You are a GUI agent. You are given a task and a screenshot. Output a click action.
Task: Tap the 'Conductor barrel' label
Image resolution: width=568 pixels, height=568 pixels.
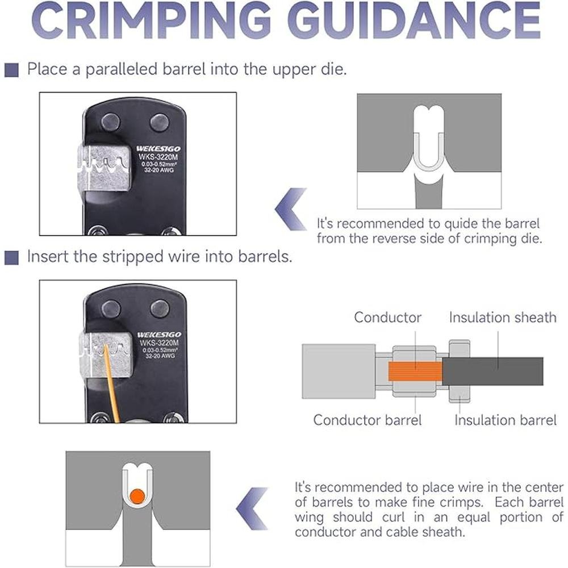click(367, 420)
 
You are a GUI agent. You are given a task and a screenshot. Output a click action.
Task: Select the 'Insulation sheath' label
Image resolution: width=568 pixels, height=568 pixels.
click(503, 318)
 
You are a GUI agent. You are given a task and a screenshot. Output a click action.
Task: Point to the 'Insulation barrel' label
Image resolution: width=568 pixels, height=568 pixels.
click(506, 420)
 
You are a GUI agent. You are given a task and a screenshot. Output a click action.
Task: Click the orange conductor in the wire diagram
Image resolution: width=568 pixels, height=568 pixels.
click(415, 371)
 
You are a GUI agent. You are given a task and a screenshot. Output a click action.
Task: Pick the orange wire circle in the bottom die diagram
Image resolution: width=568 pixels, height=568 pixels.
click(137, 496)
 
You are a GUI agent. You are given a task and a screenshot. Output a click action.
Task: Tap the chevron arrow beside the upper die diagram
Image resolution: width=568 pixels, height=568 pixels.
click(290, 209)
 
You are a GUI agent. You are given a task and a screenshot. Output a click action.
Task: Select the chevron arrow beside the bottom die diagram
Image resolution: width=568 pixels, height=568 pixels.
click(252, 508)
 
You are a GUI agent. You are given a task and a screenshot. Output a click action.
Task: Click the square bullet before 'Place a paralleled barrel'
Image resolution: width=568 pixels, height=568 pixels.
click(11, 70)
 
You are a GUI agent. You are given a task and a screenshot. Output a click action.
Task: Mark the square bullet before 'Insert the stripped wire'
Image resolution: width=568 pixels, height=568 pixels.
click(11, 257)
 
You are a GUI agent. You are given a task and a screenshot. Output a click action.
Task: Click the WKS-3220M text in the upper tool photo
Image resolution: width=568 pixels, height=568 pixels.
click(158, 157)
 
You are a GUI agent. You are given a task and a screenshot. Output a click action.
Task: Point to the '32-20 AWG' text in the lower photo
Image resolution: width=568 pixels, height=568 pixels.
click(160, 356)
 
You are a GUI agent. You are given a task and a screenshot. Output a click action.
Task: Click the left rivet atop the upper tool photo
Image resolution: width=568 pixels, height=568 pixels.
click(111, 123)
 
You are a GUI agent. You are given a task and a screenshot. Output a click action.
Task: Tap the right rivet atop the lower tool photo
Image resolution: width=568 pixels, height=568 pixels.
click(160, 308)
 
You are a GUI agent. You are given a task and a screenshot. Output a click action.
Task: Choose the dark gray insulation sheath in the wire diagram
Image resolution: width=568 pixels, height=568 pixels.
click(492, 371)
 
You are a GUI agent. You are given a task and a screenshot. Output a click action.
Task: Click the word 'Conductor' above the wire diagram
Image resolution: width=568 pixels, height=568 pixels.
click(387, 318)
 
